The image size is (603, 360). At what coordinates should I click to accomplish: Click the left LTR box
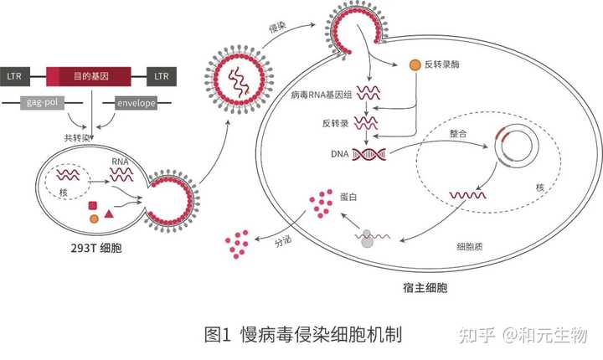13,77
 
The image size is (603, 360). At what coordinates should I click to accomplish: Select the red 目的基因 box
88,77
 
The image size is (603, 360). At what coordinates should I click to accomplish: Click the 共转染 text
78,136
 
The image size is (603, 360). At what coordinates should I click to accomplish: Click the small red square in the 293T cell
93,205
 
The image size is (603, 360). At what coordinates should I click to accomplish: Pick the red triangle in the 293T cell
109,215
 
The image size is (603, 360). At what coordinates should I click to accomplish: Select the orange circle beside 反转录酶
413,64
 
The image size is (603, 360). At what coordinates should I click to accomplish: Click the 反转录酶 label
445,64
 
